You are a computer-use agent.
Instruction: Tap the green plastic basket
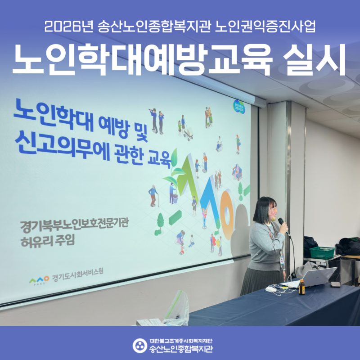coord(321,252)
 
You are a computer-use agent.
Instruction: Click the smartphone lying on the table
coord(336,284)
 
